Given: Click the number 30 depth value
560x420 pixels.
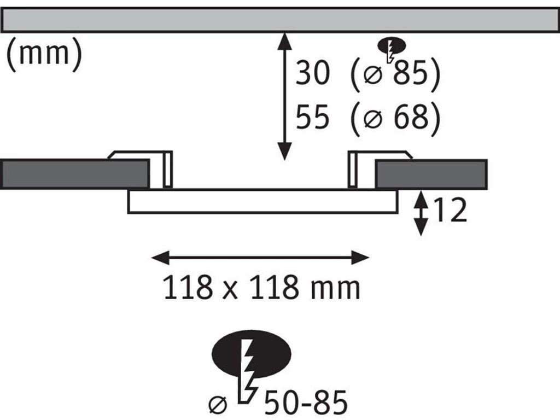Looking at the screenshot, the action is click(312, 73).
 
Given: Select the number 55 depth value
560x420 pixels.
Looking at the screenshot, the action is click(312, 117).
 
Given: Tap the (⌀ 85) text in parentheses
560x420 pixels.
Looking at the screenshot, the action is click(395, 73).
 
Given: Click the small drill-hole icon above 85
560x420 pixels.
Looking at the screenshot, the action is click(392, 49).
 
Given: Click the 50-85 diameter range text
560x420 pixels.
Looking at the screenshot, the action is click(305, 402).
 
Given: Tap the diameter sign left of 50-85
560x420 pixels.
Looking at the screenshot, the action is click(218, 404).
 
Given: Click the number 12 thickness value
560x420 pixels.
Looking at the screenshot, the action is click(450, 210).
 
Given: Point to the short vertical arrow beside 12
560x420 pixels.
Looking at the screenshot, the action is click(421, 213).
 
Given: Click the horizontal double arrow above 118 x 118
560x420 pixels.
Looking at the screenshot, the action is click(260, 258).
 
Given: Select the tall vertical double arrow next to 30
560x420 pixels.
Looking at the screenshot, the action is click(284, 96).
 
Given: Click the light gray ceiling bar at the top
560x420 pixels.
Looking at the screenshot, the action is click(280, 20).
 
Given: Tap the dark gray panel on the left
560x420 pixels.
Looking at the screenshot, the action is click(74, 174).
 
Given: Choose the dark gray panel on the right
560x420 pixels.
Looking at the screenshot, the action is click(431, 174).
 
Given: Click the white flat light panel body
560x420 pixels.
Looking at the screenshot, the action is click(262, 201).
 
